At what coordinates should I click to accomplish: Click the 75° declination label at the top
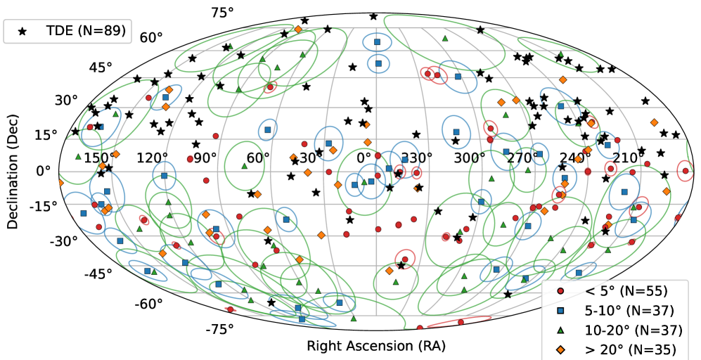click(x=223, y=13)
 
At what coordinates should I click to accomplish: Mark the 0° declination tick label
click(x=44, y=170)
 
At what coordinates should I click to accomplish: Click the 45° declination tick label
click(x=101, y=67)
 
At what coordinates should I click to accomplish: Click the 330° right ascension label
click(x=416, y=157)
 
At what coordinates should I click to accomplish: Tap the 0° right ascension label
click(x=364, y=157)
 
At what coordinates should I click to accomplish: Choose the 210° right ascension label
click(x=624, y=157)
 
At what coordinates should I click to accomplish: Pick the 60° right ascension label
click(x=258, y=157)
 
